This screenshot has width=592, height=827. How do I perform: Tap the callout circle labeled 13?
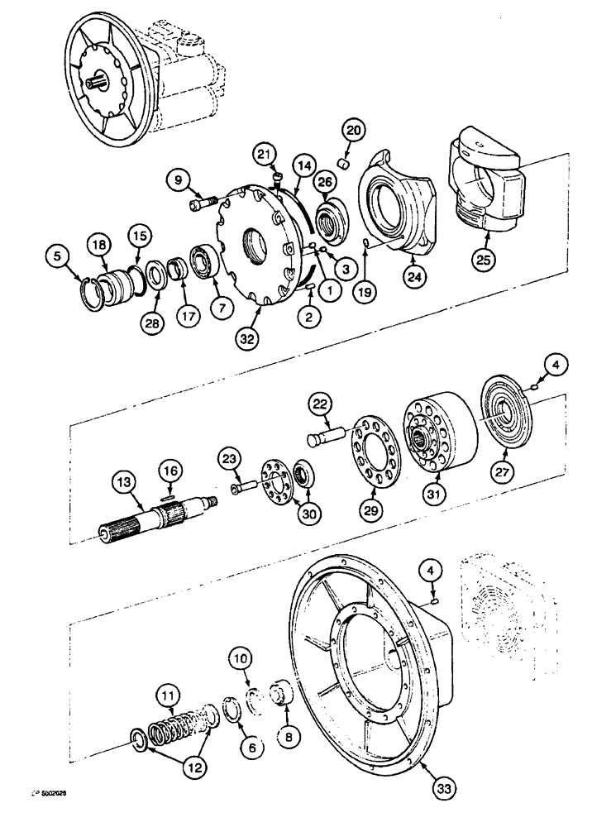tap(126, 481)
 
